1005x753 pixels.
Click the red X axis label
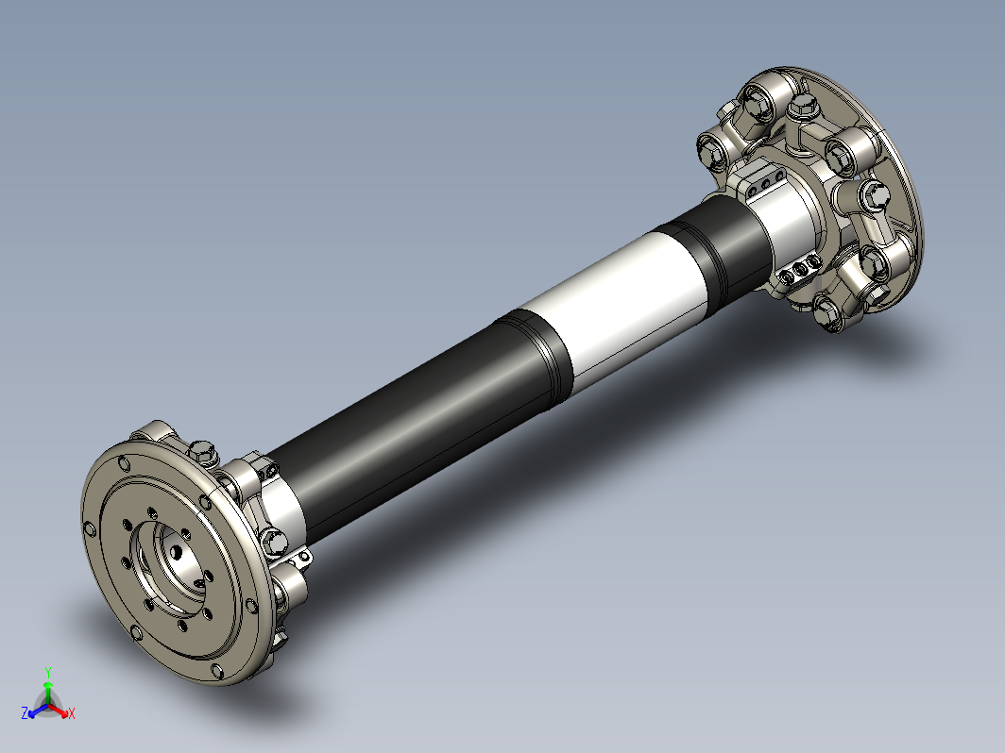(x=72, y=712)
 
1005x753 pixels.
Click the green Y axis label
(x=47, y=672)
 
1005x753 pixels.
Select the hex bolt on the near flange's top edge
(x=201, y=450)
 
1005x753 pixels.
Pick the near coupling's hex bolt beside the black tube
(x=273, y=542)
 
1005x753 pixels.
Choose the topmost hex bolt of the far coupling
(x=758, y=96)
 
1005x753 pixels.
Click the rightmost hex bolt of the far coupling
(x=874, y=195)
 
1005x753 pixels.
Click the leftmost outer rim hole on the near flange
(x=89, y=530)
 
